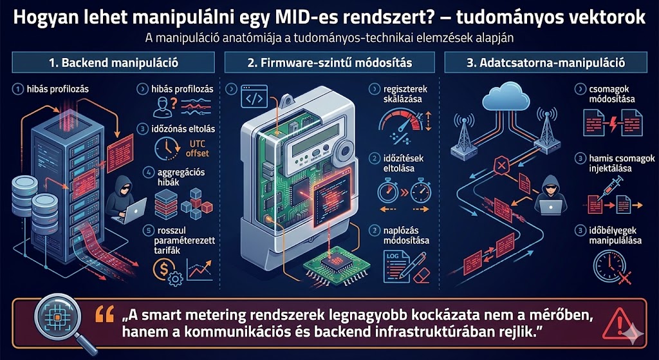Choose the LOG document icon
393,265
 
